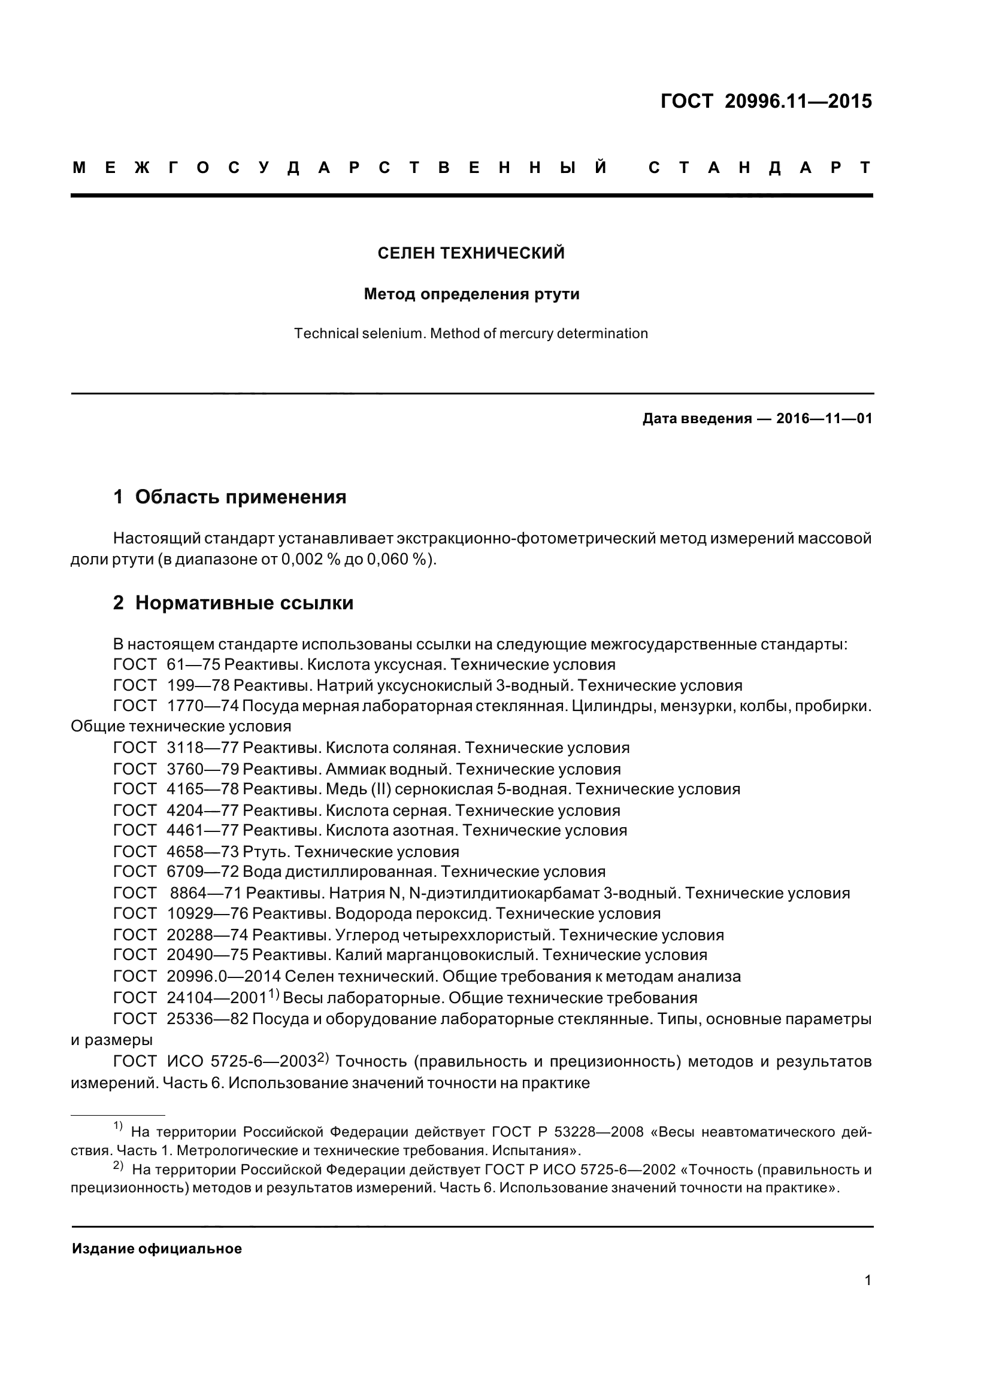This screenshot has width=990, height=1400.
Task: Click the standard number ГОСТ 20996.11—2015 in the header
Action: click(766, 101)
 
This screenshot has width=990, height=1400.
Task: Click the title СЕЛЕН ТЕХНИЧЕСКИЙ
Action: click(471, 253)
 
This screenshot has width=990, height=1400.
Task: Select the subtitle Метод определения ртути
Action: click(471, 294)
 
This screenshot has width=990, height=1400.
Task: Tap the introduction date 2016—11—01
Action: click(824, 419)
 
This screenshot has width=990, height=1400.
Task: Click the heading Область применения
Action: click(240, 497)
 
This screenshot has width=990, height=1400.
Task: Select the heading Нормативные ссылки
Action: click(244, 603)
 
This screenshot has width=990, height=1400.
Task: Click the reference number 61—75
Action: click(193, 664)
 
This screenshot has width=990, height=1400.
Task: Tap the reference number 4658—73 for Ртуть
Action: click(202, 852)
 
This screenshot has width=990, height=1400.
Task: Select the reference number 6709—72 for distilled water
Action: click(202, 872)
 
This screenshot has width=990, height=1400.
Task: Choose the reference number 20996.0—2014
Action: click(223, 976)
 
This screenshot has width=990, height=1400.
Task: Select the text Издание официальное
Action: click(157, 1249)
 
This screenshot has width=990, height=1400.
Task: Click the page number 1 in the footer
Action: click(867, 1280)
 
